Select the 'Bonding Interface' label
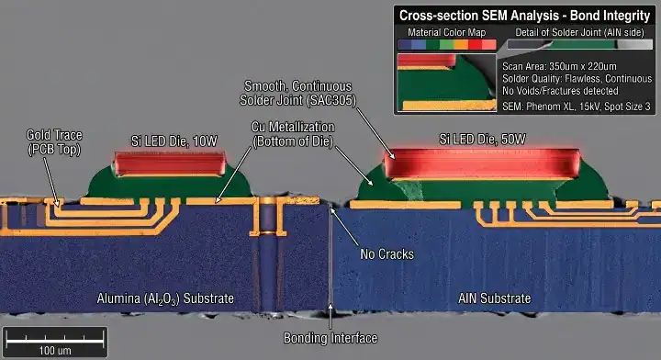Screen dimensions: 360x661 point(330,337)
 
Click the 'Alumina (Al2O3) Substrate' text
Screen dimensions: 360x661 point(165,298)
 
